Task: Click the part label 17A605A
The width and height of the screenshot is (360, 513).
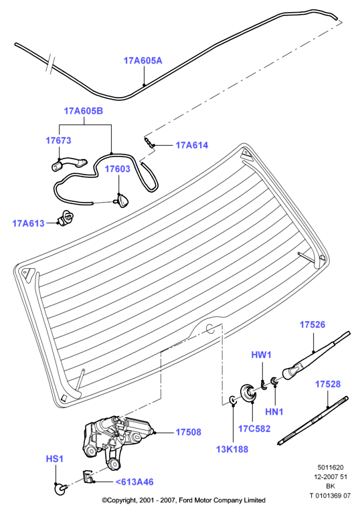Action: point(143,61)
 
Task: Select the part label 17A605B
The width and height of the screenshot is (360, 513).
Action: point(84,111)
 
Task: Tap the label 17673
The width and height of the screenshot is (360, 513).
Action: point(58,140)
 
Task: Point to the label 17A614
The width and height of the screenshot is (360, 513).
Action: point(192,145)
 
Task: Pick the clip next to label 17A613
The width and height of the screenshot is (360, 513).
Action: point(66,218)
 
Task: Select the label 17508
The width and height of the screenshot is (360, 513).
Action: point(189,432)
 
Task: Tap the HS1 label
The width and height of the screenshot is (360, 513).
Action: point(55,459)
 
